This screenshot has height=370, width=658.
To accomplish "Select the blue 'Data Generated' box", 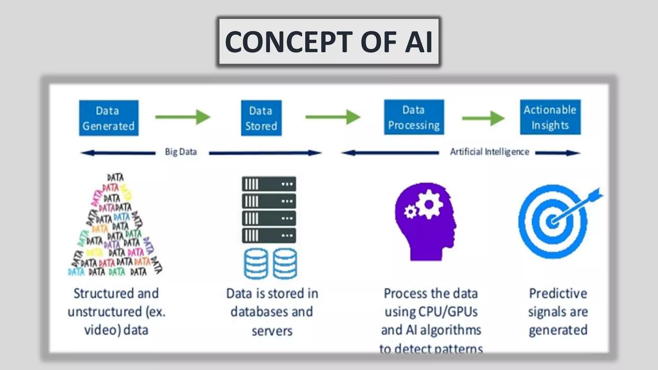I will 109,118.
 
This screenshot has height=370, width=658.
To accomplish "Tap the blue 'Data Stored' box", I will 261,118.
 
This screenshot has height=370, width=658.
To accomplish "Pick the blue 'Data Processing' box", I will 414,117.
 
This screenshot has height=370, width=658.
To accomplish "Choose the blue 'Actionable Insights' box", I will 550,117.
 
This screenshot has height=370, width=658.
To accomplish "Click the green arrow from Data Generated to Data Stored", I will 182,117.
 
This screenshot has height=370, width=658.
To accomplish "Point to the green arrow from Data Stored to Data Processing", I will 333,117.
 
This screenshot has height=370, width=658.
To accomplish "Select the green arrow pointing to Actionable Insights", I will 483,118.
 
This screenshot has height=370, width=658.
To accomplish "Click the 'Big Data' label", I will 181,152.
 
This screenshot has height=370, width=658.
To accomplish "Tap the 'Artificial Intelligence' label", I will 489,152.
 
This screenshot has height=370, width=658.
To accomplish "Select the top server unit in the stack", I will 269,184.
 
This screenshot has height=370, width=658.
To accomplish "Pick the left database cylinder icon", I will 256,263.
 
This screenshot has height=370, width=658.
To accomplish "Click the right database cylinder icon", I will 285,263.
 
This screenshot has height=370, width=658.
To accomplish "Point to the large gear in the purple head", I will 429,204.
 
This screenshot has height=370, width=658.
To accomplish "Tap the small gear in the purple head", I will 410,212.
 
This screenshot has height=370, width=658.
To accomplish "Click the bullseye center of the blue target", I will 552,222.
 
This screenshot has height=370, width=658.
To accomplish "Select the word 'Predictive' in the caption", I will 558,293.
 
